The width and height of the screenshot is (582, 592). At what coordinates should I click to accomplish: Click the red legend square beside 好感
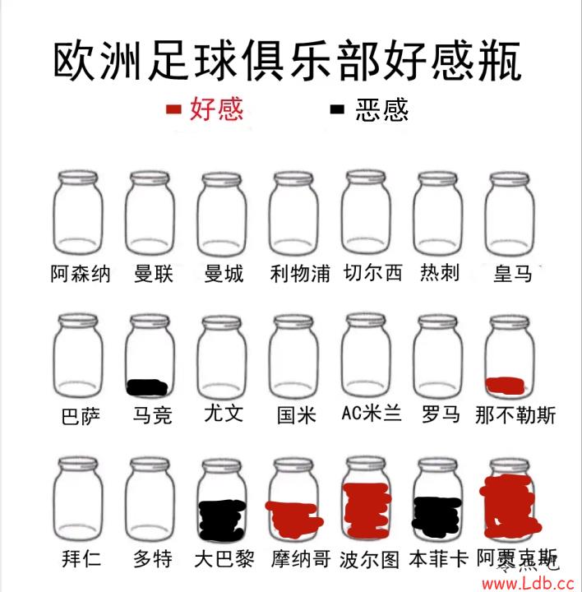point(173,109)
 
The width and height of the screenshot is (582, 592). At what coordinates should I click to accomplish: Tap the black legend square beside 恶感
point(337,109)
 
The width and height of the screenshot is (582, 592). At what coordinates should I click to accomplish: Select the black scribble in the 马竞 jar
point(147,387)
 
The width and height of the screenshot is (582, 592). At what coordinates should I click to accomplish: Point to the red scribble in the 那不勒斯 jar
point(505,386)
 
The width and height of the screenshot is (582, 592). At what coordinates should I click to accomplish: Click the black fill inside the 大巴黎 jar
point(222,520)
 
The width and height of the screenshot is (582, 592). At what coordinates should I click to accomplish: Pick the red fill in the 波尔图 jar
point(367,509)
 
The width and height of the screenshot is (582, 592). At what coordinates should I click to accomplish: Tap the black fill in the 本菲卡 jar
point(436,516)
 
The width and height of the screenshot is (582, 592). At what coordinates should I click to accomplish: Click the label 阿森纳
point(81,274)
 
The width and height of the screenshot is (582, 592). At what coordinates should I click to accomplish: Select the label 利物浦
point(300,273)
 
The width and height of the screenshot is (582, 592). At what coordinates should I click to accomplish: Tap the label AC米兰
point(372,413)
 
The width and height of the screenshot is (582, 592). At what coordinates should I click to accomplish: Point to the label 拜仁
point(81,558)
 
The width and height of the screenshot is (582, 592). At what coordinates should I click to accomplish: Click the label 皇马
point(513,273)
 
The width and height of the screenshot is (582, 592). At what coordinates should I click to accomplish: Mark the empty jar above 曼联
point(150,213)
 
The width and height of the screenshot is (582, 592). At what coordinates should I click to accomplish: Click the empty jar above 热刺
point(438,213)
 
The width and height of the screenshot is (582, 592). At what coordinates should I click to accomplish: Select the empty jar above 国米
point(294,356)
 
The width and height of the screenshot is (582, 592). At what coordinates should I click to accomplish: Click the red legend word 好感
point(216,109)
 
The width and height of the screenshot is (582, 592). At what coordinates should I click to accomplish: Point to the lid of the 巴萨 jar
point(78,321)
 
